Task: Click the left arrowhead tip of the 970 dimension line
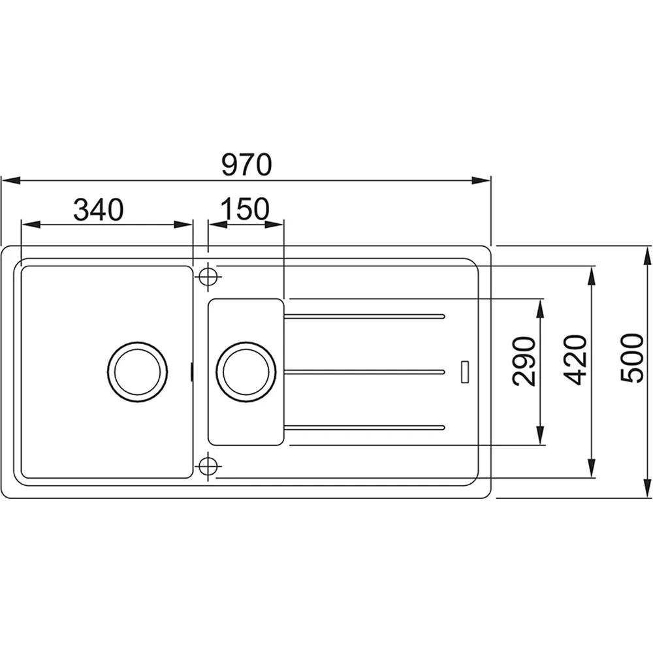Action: [x=2, y=181]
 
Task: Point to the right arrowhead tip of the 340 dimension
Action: [x=193, y=225]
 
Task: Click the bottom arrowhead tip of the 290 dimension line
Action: [x=540, y=445]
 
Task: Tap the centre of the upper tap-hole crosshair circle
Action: [x=208, y=276]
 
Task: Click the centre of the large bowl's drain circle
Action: [x=137, y=372]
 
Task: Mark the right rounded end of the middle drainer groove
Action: [x=444, y=372]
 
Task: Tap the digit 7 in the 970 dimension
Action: [x=246, y=165]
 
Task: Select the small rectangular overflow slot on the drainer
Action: [x=465, y=372]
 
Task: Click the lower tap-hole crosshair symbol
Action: [x=208, y=466]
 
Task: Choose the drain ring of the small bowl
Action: [x=246, y=372]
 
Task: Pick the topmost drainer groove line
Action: [x=364, y=317]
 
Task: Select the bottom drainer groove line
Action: [x=364, y=427]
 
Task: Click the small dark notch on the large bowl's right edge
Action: [x=191, y=372]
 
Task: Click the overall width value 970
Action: [x=247, y=165]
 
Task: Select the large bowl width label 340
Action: [x=99, y=210]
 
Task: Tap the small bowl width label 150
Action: [x=245, y=209]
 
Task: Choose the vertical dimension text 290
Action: [x=524, y=362]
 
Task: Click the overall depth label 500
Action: [x=631, y=358]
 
